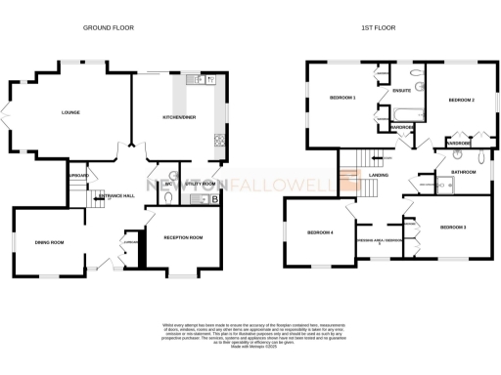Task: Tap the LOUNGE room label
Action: click(69, 113)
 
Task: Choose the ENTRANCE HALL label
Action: click(115, 195)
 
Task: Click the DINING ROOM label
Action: click(50, 242)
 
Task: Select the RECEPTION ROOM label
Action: click(182, 237)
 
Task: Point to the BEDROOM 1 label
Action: click(342, 98)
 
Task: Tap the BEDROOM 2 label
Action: click(461, 101)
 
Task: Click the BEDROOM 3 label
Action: click(452, 227)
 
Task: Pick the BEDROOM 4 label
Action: click(319, 232)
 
